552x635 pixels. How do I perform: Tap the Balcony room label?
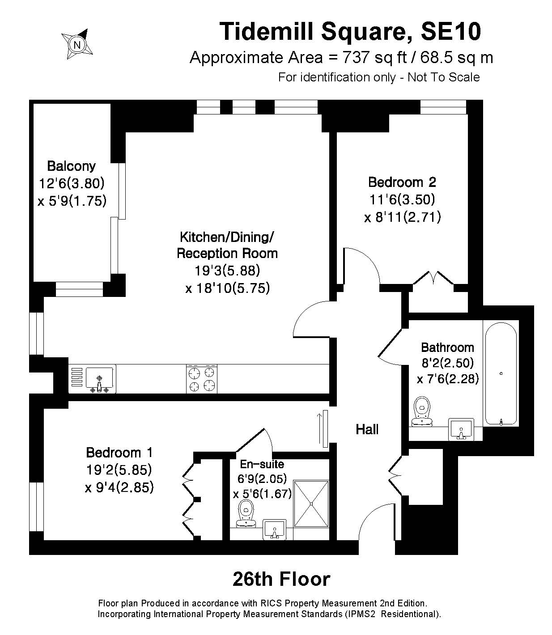point(72,166)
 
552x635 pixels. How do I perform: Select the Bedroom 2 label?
point(402,182)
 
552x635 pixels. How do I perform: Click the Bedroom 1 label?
point(119,453)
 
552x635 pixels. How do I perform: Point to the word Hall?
point(367,430)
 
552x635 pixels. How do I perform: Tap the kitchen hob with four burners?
point(202,379)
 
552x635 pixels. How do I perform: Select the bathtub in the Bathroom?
point(501,374)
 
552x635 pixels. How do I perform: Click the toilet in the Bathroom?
point(422,411)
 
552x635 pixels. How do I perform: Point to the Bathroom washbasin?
point(461,429)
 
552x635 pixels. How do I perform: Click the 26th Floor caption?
point(281,579)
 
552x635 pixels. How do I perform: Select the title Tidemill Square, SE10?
point(350,31)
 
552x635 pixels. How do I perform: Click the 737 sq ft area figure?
point(374,57)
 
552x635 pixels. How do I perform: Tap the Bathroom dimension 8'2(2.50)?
point(447,363)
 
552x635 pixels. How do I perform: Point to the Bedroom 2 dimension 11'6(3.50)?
point(402,199)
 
